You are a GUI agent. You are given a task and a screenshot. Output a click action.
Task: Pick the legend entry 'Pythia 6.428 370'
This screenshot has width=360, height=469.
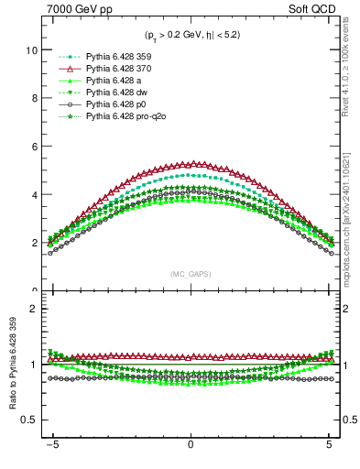[115, 69]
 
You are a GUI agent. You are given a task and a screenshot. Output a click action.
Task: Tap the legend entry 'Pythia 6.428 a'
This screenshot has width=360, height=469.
[111, 81]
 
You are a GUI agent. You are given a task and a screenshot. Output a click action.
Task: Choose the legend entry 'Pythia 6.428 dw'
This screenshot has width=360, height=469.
[114, 93]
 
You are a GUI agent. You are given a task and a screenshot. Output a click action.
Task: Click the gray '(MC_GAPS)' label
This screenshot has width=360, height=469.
[190, 274]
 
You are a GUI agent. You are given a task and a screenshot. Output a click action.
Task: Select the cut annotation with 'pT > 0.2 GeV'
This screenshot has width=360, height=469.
[190, 36]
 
